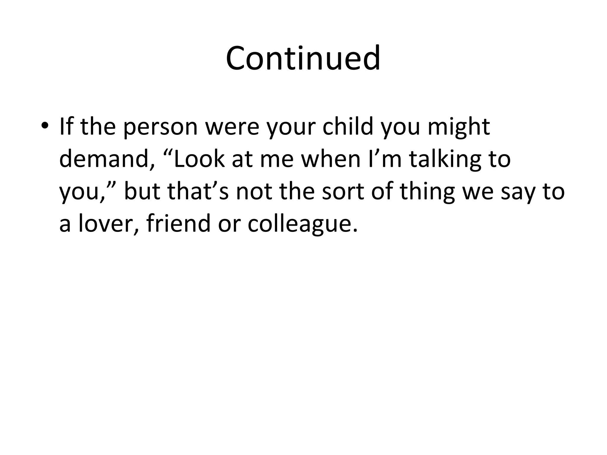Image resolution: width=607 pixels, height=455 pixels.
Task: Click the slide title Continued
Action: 303,58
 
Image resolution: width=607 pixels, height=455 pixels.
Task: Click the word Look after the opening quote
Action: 199,159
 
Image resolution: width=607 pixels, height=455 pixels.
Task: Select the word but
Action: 142,191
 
